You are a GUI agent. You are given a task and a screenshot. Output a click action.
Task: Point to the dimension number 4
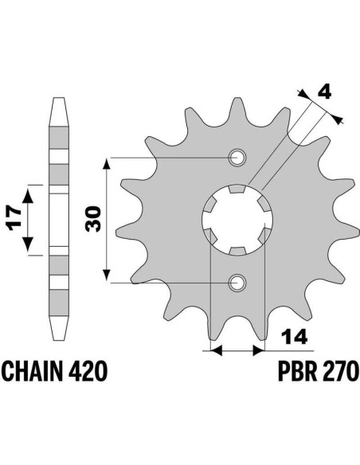(324, 94)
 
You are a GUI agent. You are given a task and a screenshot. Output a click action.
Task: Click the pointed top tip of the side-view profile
(58, 98)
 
